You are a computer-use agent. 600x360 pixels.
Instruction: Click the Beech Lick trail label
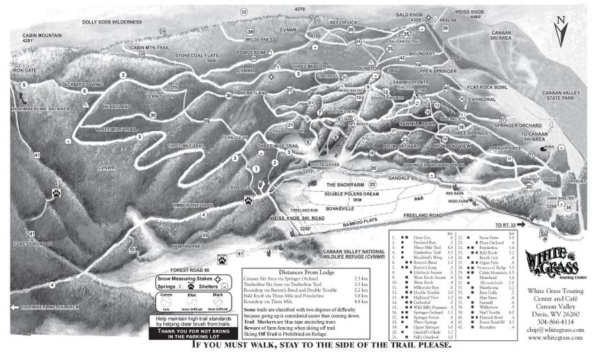tap(344, 22)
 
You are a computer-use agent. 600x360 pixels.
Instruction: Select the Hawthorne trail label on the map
tap(187, 246)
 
